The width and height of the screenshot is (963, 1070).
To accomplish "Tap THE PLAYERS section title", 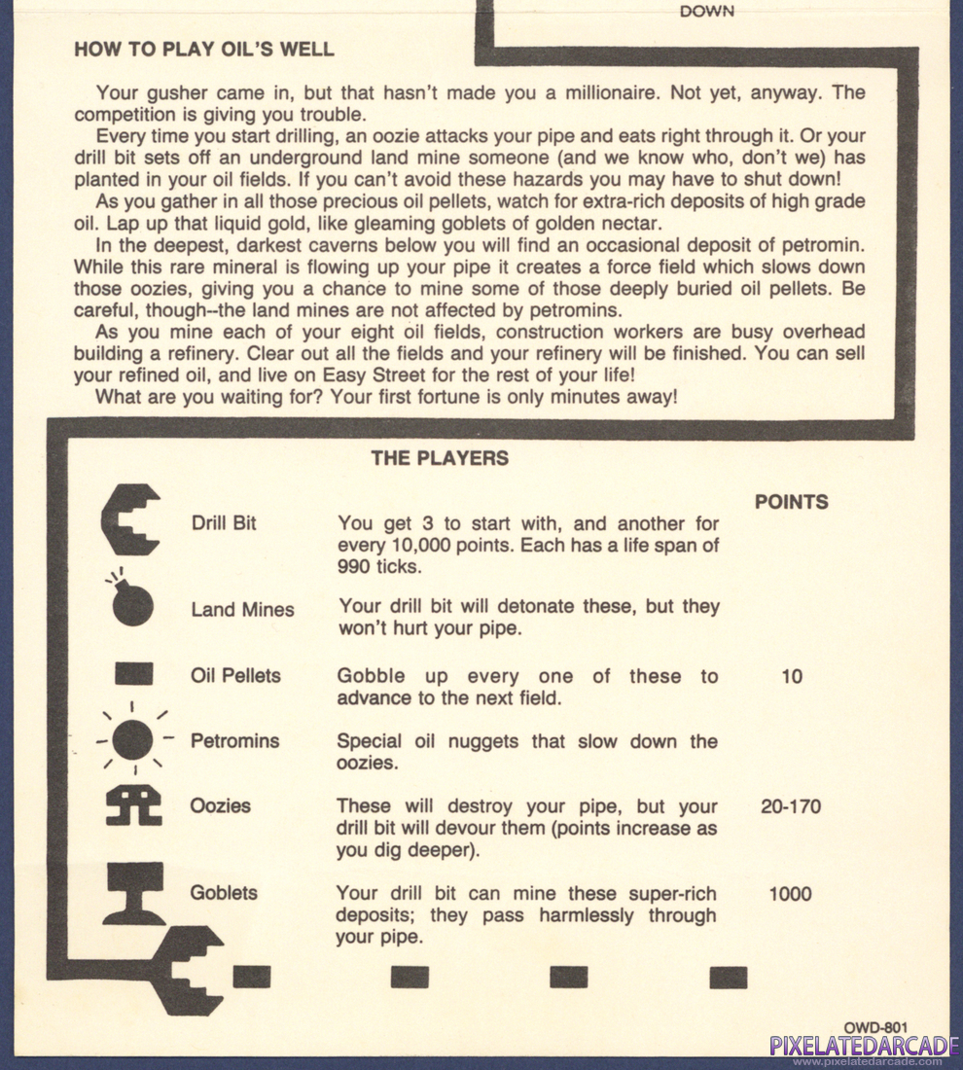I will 440,458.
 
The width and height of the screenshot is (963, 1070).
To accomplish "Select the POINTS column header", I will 792,502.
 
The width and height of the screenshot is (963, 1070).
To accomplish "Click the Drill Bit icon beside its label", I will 130,519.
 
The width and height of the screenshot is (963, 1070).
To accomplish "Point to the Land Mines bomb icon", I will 131,602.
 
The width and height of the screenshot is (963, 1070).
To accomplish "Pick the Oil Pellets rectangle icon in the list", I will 133,674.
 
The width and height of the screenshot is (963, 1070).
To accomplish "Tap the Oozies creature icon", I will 133,805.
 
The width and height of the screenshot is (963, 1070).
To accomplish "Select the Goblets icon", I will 133,893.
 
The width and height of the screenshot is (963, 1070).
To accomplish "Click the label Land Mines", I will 242,610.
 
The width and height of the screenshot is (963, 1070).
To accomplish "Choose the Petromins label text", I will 234,741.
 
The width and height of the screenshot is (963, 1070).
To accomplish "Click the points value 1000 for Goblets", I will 790,894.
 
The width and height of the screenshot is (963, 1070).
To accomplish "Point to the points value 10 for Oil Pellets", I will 792,676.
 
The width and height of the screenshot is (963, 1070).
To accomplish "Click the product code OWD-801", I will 875,1026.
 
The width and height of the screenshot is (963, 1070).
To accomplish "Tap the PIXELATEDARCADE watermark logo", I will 861,1047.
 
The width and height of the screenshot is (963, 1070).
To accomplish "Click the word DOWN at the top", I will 707,12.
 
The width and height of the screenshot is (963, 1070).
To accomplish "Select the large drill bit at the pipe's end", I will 189,969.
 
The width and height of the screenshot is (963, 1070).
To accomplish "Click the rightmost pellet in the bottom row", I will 728,977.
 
